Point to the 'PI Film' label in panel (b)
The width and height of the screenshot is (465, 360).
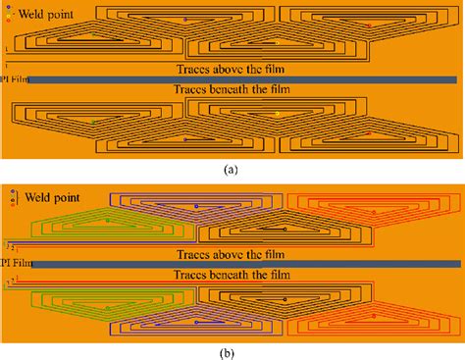(12, 264)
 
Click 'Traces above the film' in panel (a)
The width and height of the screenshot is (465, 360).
(233, 70)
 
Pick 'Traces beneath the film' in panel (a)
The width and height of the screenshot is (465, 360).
(233, 89)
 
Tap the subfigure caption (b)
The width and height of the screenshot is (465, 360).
(232, 351)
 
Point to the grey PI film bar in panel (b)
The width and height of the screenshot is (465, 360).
(245, 264)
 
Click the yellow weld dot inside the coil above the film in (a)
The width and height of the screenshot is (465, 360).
(277, 43)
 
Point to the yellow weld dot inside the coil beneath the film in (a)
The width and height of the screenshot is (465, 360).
(277, 114)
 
